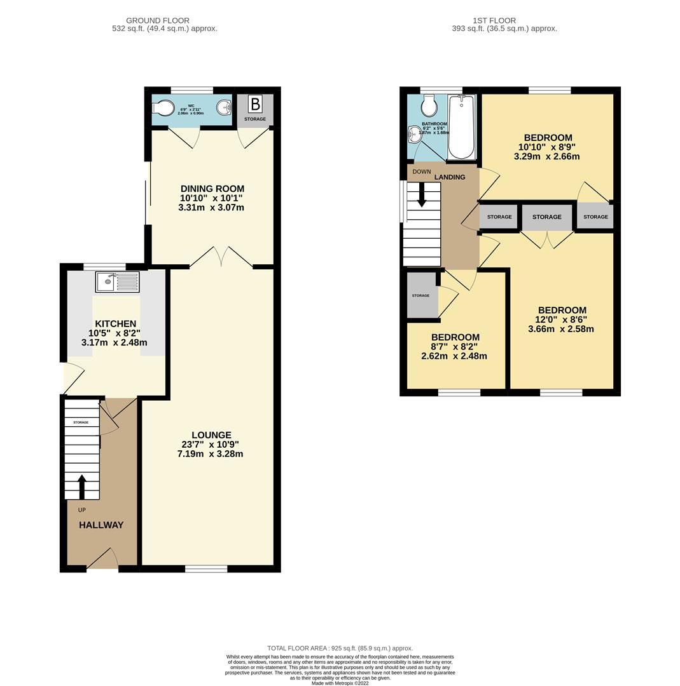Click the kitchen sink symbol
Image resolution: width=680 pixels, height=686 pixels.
click(117, 281)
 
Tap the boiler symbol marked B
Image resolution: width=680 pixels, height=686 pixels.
click(255, 104)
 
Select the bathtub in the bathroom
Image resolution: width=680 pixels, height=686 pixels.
click(461, 127)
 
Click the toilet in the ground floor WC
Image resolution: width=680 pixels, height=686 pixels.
click(164, 109)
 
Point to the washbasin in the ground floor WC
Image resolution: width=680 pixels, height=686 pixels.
click(224, 107)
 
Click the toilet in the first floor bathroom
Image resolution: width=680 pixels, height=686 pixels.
click(429, 104)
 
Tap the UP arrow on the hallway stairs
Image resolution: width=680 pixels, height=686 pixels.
click(81, 487)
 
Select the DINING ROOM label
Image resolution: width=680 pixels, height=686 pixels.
click(212, 189)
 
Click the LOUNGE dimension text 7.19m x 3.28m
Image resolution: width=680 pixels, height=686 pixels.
click(210, 454)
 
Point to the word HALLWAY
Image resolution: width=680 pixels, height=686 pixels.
click(101, 525)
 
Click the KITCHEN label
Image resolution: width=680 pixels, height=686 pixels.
click(115, 324)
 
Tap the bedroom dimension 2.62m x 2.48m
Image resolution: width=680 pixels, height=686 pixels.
click(454, 356)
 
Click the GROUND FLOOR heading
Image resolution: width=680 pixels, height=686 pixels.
click(158, 21)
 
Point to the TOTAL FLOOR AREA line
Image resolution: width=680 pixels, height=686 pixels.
click(340, 649)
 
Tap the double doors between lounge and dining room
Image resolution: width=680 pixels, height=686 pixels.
click(221, 257)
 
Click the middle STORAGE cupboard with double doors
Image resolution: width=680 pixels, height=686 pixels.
click(546, 217)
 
